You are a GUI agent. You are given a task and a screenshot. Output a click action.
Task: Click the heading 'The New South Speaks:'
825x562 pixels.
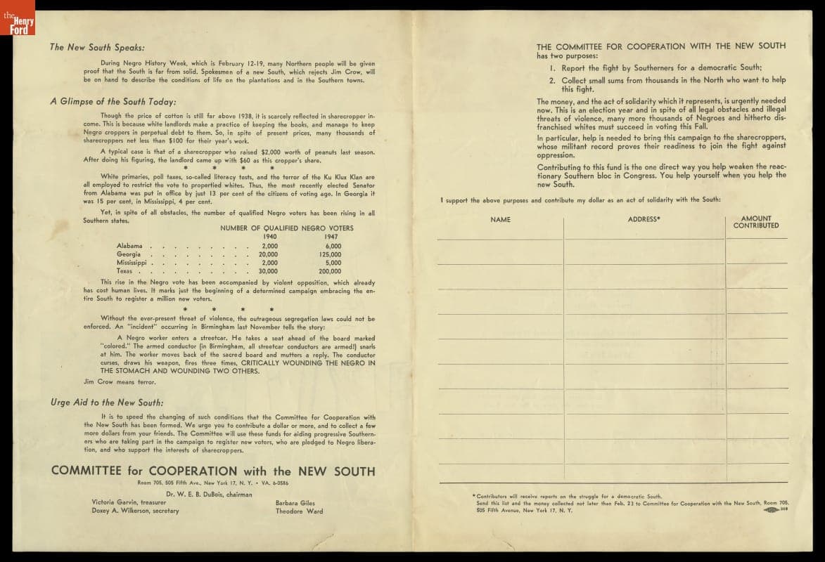pos(97,48)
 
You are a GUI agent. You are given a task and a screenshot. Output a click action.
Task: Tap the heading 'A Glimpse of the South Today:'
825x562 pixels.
pos(113,101)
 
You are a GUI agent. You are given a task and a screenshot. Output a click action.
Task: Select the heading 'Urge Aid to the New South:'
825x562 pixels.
pos(107,403)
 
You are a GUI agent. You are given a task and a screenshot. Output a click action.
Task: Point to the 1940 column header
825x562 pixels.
pos(269,237)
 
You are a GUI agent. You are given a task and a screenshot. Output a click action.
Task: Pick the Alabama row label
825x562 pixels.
pos(129,246)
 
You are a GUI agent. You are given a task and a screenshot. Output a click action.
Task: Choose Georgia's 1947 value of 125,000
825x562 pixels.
pos(330,254)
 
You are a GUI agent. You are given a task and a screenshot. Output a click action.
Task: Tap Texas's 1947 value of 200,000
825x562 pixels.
pos(330,271)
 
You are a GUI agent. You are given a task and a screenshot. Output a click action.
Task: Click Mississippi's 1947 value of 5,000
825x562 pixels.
pos(333,263)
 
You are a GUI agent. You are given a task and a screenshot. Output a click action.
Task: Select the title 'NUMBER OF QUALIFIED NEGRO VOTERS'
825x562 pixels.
pos(287,228)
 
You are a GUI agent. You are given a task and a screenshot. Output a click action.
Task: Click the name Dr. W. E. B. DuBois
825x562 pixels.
pos(199,495)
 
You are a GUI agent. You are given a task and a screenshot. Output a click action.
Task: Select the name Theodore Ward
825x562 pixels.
pos(300,511)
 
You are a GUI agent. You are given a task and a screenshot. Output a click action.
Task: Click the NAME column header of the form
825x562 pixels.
pos(500,220)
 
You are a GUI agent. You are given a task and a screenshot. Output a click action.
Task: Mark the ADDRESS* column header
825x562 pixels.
pos(644,220)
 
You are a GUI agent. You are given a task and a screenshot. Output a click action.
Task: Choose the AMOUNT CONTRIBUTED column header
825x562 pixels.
pos(756,222)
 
